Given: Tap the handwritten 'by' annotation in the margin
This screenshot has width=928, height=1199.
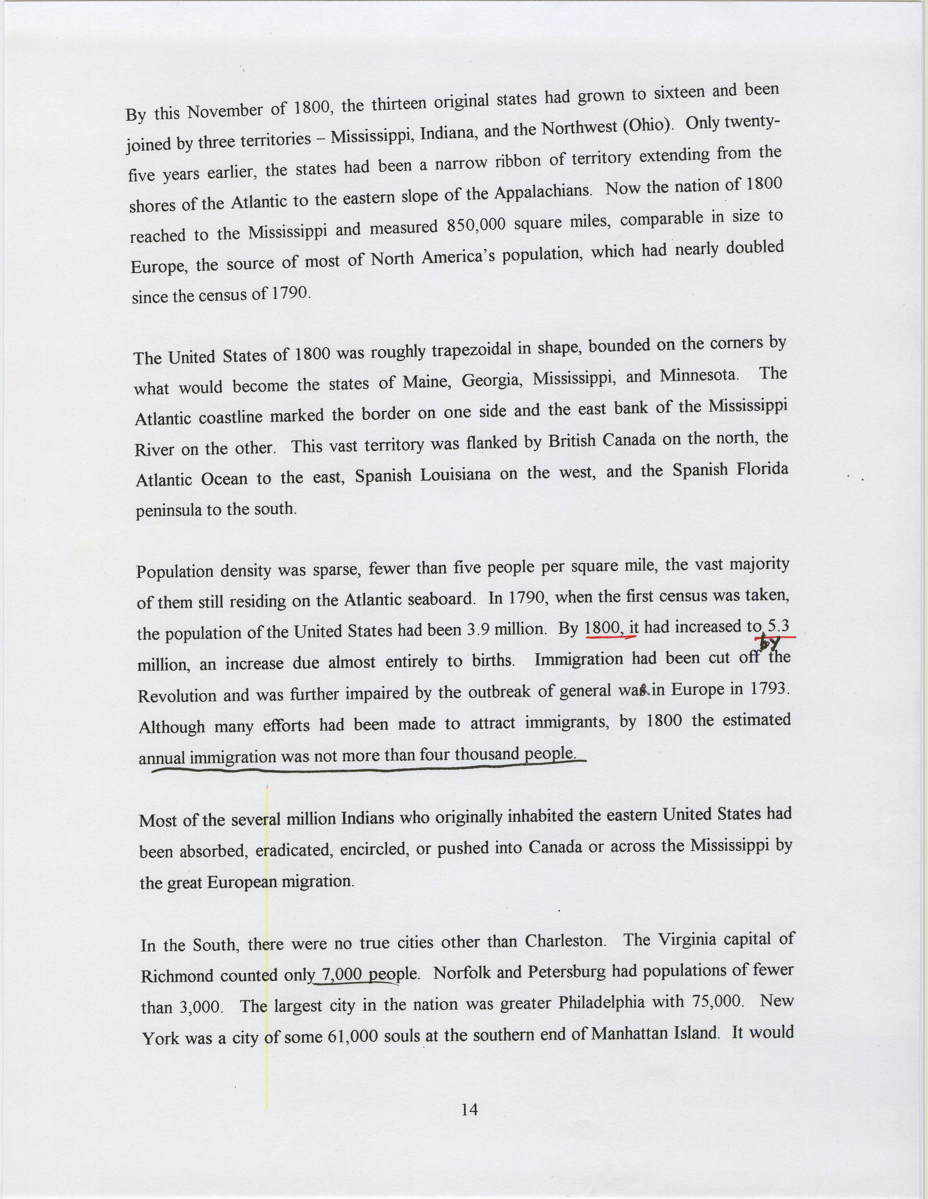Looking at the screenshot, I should click(773, 643).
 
